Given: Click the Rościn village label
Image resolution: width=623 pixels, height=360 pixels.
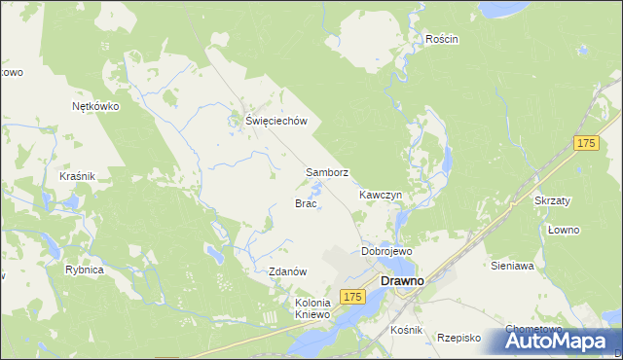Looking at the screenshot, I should [441, 39].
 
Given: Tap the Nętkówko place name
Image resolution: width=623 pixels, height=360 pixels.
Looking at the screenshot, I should [95, 107].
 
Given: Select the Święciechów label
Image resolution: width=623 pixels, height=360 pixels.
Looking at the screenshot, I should [275, 121].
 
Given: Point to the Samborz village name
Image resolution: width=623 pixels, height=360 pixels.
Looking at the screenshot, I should [327, 172].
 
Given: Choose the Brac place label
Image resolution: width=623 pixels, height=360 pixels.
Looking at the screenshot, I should [306, 203].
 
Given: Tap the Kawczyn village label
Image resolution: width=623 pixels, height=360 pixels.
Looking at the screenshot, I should [381, 195].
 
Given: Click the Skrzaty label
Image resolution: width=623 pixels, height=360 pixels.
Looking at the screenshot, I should [553, 200].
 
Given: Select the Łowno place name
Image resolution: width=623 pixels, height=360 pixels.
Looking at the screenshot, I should [564, 230].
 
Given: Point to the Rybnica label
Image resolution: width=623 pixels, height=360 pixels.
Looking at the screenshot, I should [85, 270].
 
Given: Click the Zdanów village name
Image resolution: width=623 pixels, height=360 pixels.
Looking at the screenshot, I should [288, 271].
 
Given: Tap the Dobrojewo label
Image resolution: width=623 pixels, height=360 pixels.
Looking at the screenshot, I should [386, 251].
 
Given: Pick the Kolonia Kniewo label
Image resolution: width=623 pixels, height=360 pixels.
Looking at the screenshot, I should [313, 308].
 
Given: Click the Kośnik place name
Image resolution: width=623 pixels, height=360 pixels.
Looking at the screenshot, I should [406, 331].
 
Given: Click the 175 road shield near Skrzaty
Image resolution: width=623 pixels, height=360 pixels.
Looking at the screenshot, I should [585, 144].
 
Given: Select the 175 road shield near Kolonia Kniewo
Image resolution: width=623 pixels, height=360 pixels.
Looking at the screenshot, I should [352, 296].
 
